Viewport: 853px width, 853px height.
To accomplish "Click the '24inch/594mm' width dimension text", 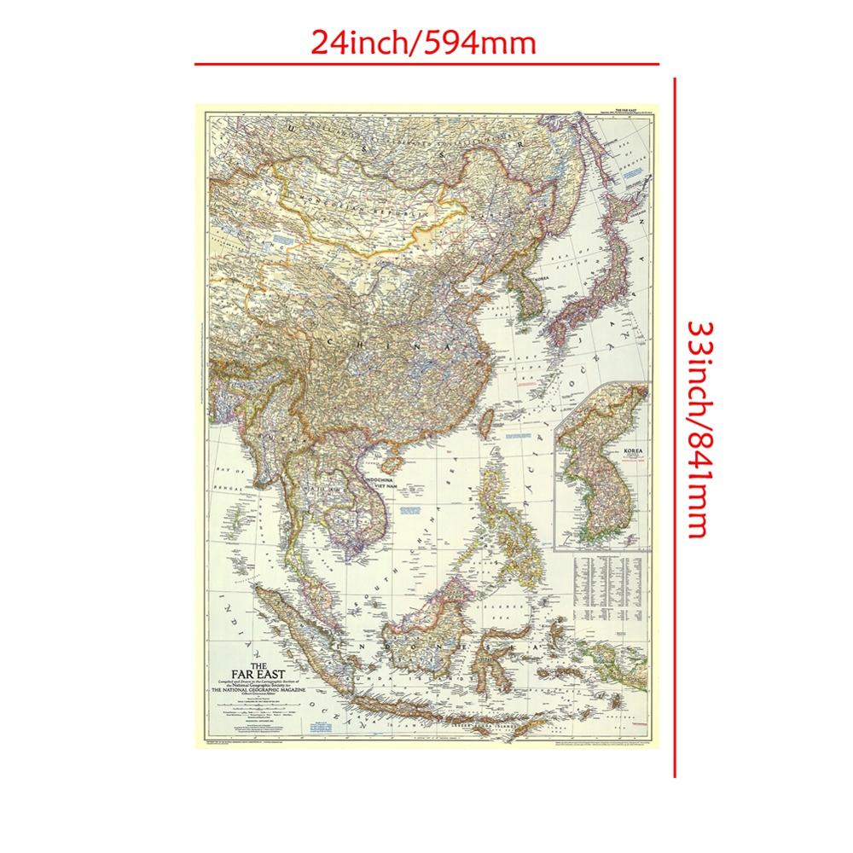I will click(424, 41).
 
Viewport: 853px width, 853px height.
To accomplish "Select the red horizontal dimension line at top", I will click(426, 64).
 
